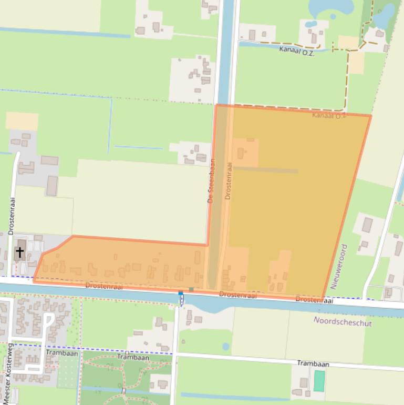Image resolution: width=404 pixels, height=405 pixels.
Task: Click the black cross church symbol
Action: pyautogui.click(x=19, y=253)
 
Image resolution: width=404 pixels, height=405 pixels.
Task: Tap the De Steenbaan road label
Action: pyautogui.click(x=212, y=181)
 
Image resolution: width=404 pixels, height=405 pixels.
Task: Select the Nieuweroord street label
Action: pyautogui.click(x=339, y=266)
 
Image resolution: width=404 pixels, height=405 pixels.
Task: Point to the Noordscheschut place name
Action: pyautogui.click(x=343, y=322)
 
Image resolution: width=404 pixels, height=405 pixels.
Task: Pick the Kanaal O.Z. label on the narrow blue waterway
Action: pyautogui.click(x=297, y=52)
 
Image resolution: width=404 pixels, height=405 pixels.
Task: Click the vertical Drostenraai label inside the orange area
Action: pyautogui.click(x=227, y=180)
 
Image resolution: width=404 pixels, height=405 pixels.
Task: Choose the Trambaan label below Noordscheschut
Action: pyautogui.click(x=313, y=364)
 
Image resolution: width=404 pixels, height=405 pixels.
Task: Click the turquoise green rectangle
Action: pyautogui.click(x=319, y=381)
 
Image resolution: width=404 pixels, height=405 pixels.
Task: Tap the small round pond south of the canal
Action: pyautogui.click(x=226, y=347)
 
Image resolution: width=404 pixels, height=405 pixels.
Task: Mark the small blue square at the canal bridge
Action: pyautogui.click(x=181, y=293)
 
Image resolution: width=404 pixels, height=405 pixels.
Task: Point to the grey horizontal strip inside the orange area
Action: pyautogui.click(x=265, y=170)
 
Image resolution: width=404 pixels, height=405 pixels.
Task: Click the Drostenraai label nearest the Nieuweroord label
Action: pyautogui.click(x=314, y=300)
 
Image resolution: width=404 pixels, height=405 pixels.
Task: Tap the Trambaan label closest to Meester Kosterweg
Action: pyautogui.click(x=62, y=353)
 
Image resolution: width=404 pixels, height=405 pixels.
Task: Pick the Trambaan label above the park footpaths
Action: pyautogui.click(x=133, y=358)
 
